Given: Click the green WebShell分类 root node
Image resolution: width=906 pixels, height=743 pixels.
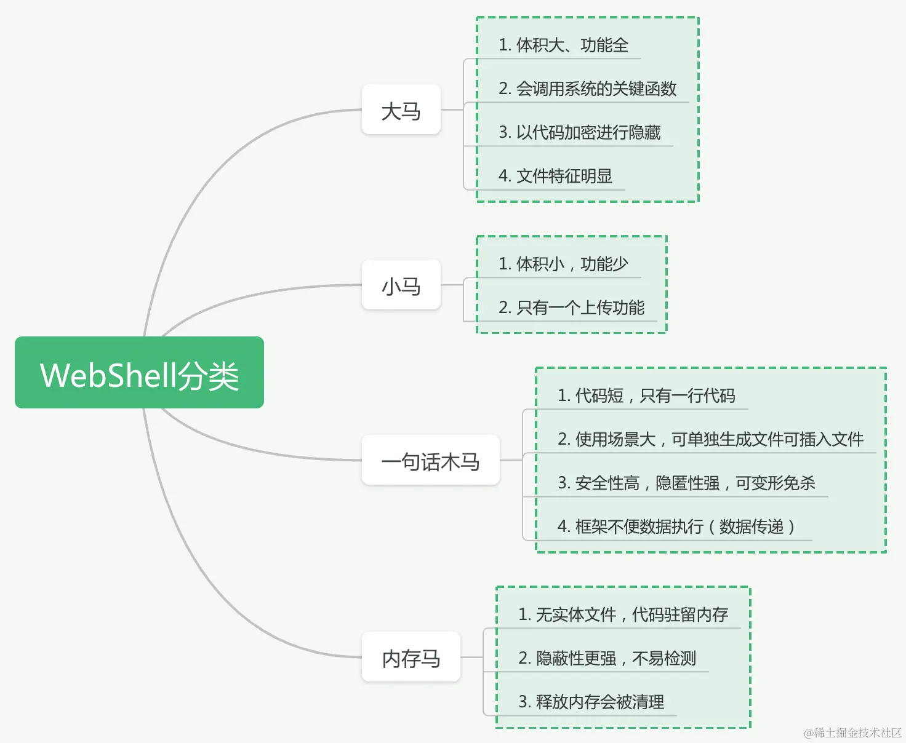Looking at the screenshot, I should pos(139,372).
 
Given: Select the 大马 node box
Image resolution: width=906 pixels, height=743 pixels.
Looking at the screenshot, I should pos(401,110).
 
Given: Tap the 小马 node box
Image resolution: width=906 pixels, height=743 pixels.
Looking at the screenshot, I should pos(401,285).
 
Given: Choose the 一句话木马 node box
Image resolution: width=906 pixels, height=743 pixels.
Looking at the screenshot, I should pos(430,460).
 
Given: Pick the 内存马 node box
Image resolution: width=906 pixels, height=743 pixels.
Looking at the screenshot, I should pos(411,657).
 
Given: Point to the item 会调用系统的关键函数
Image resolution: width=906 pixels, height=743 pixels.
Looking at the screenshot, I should pos(587,89).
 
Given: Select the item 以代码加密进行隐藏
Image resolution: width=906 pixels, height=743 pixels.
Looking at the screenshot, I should pos(579,132).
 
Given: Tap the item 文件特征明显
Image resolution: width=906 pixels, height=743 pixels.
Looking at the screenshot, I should pos(555,176).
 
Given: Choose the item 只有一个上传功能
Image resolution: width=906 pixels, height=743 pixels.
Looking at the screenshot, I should pos(571,308).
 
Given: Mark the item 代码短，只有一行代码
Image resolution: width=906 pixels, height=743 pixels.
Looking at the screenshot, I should pos(646,395).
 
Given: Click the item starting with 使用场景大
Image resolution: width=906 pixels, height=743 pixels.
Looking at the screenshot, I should pos(710,439).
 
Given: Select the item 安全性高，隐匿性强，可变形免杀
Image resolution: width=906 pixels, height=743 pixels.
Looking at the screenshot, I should pos(686,483).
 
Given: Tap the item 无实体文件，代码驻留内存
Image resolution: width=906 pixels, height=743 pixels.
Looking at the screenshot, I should pos(623,614).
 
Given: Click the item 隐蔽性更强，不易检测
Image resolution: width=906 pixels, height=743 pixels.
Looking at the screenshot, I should pos(607,658).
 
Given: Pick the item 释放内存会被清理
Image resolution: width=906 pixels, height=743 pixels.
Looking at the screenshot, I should pos(591,702).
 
